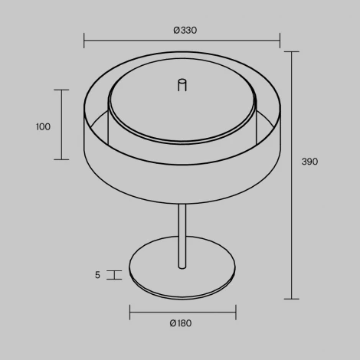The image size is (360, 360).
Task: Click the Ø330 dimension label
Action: pyautogui.click(x=185, y=31)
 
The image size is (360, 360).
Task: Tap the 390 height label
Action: pyautogui.click(x=309, y=162)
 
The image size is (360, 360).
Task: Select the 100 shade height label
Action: pyautogui.click(x=43, y=126)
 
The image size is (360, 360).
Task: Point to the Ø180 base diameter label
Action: pyautogui.click(x=181, y=323)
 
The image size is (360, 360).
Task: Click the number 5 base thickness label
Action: pyautogui.click(x=97, y=275)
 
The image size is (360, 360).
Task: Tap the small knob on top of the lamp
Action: pyautogui.click(x=182, y=85)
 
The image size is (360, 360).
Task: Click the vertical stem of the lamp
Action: pyautogui.click(x=182, y=236)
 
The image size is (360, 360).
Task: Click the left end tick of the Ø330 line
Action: pyautogui.click(x=84, y=41)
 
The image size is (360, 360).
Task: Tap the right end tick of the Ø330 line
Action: pyautogui.click(x=280, y=41)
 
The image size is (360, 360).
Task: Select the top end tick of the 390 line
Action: pyautogui.click(x=292, y=52)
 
